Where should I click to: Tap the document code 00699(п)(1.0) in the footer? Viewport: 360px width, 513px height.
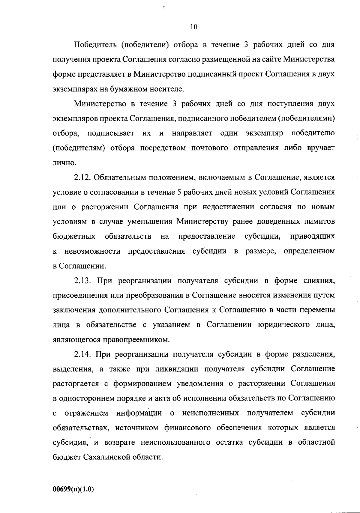click(73, 489)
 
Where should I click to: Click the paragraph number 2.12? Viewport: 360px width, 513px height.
click(82, 177)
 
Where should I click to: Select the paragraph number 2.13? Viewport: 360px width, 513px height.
click(82, 281)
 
